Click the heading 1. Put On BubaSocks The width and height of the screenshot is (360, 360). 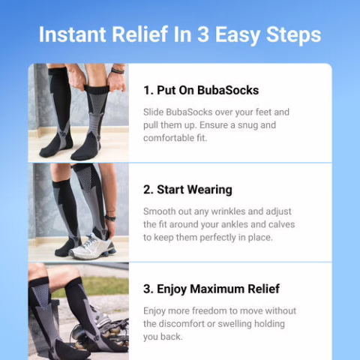[x=201, y=91]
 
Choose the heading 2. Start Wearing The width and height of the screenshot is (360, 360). [x=187, y=190]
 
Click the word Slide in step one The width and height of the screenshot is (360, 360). [x=155, y=112]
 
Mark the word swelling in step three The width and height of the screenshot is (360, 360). [x=242, y=324]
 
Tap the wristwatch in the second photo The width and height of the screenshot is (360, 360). [x=110, y=217]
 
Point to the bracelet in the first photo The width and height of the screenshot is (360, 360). [x=116, y=71]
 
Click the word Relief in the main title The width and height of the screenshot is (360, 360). [x=148, y=34]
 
